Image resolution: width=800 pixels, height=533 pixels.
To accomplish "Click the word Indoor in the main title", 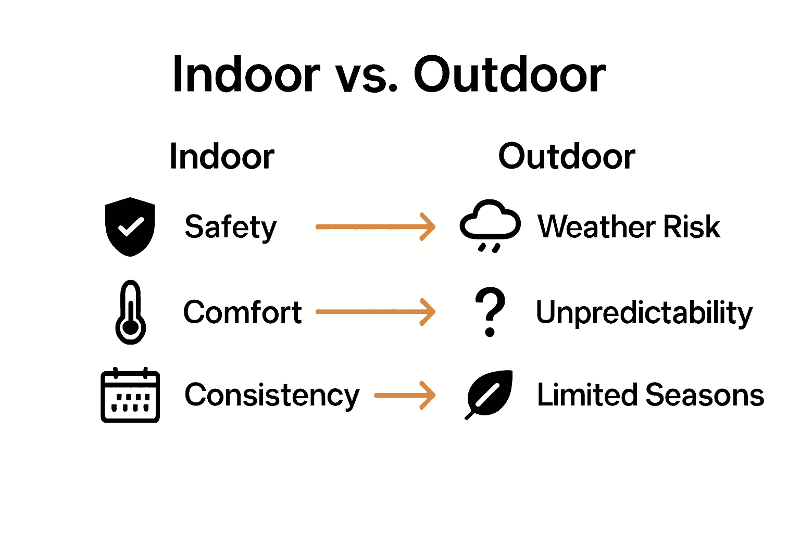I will [246, 75].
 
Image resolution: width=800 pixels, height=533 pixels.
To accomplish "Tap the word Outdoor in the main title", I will [509, 75].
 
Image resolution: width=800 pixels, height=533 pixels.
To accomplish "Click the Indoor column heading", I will [222, 156].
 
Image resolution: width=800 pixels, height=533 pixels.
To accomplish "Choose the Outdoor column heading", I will [567, 156].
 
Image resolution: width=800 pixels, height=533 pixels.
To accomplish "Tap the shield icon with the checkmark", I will [130, 226].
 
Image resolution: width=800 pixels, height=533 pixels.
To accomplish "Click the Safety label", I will [230, 227].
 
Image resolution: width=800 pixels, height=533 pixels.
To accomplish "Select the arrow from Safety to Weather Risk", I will [375, 227].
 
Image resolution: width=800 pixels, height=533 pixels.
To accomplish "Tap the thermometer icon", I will [130, 312].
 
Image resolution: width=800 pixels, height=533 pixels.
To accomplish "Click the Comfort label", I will [242, 312].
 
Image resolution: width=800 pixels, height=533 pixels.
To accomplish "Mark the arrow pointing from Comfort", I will [375, 312].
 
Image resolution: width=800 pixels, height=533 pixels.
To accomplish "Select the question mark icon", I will [490, 311].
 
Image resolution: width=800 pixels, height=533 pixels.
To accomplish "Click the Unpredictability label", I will [644, 313].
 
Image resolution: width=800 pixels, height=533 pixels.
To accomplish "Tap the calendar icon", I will [130, 396].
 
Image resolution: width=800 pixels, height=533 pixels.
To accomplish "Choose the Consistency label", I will [272, 396].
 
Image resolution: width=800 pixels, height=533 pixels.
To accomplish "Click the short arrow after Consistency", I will [405, 396].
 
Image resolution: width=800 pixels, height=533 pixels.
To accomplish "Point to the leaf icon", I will [490, 394].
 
